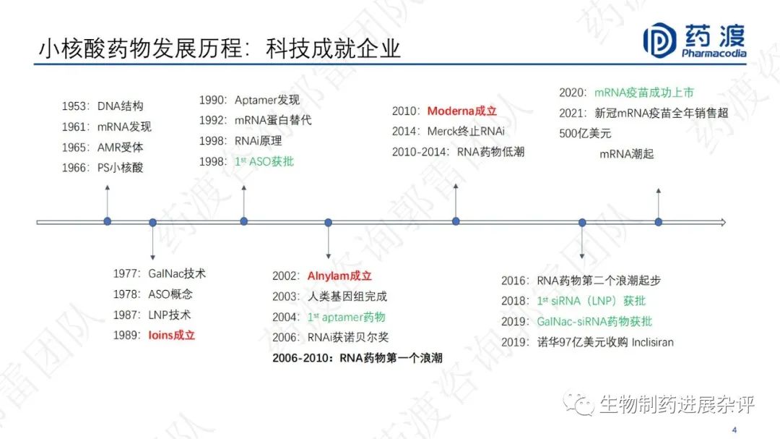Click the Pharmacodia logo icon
659,41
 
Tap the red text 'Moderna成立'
462,111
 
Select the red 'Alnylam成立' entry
339,276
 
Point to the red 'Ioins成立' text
172,336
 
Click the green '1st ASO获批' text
264,161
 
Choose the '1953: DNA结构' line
103,106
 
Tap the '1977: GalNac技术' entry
159,273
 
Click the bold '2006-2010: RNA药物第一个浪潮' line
357,358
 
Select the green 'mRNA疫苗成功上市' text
644,93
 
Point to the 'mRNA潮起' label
627,154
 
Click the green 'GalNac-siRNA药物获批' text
594,322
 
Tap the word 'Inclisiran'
653,342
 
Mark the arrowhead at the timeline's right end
723,222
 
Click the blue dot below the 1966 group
108,221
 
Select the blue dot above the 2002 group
329,222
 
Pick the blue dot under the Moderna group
456,221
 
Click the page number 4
734,430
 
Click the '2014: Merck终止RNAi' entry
448,132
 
